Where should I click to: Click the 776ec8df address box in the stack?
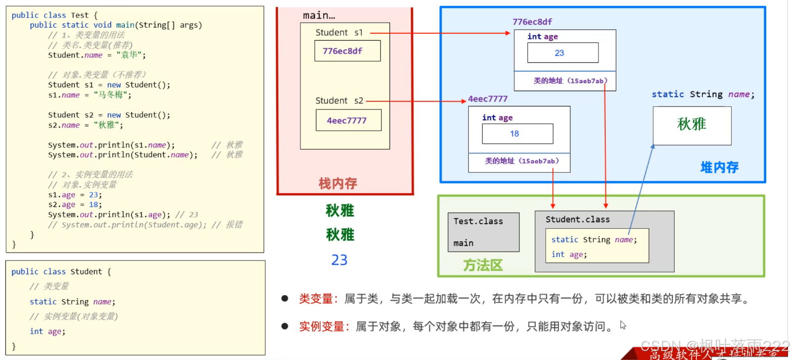(347, 51)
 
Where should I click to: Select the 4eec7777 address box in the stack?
(348, 120)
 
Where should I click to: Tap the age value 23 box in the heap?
(563, 53)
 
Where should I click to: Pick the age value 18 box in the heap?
(517, 134)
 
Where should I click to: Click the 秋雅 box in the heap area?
(692, 125)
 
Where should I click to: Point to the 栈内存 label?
(338, 184)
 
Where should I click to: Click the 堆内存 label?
(719, 167)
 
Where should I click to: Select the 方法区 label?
(483, 265)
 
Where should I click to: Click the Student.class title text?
(577, 219)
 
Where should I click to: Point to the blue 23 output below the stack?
(339, 260)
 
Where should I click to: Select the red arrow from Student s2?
(416, 101)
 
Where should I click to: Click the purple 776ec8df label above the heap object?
(532, 22)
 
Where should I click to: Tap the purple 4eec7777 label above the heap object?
(488, 99)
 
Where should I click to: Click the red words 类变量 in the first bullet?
(316, 299)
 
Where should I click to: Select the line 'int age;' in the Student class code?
(48, 331)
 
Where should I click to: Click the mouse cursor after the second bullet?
(622, 325)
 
